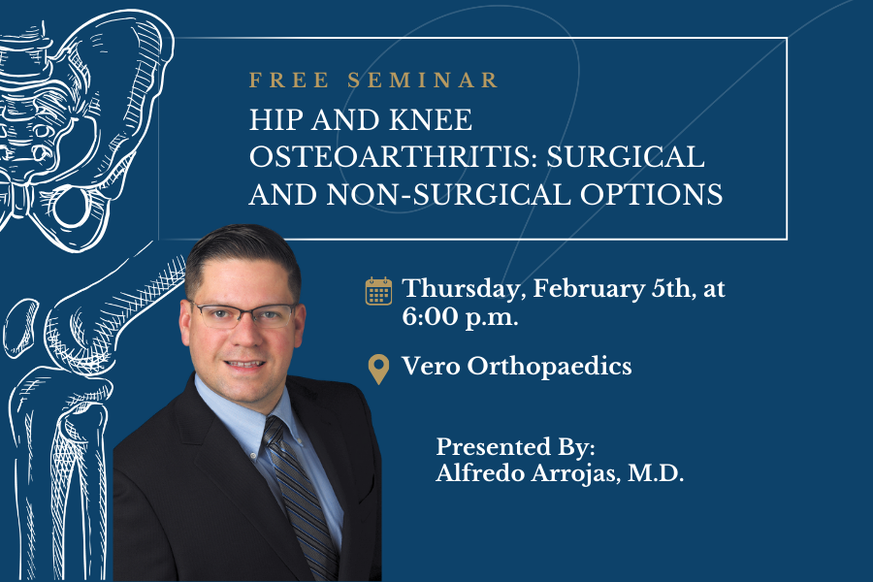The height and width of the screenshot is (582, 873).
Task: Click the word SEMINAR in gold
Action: [423, 81]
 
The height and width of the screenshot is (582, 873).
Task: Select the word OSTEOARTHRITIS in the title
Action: [393, 157]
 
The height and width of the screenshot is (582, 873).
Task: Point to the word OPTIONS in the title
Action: [652, 195]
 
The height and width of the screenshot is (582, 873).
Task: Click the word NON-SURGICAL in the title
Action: [449, 195]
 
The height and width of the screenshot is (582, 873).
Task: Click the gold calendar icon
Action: [378, 291]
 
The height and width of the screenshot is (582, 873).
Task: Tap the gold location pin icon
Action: [378, 370]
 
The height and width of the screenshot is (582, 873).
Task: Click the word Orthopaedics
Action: [550, 367]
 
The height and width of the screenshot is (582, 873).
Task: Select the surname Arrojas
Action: [575, 473]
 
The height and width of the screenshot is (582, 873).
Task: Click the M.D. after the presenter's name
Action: [656, 473]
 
